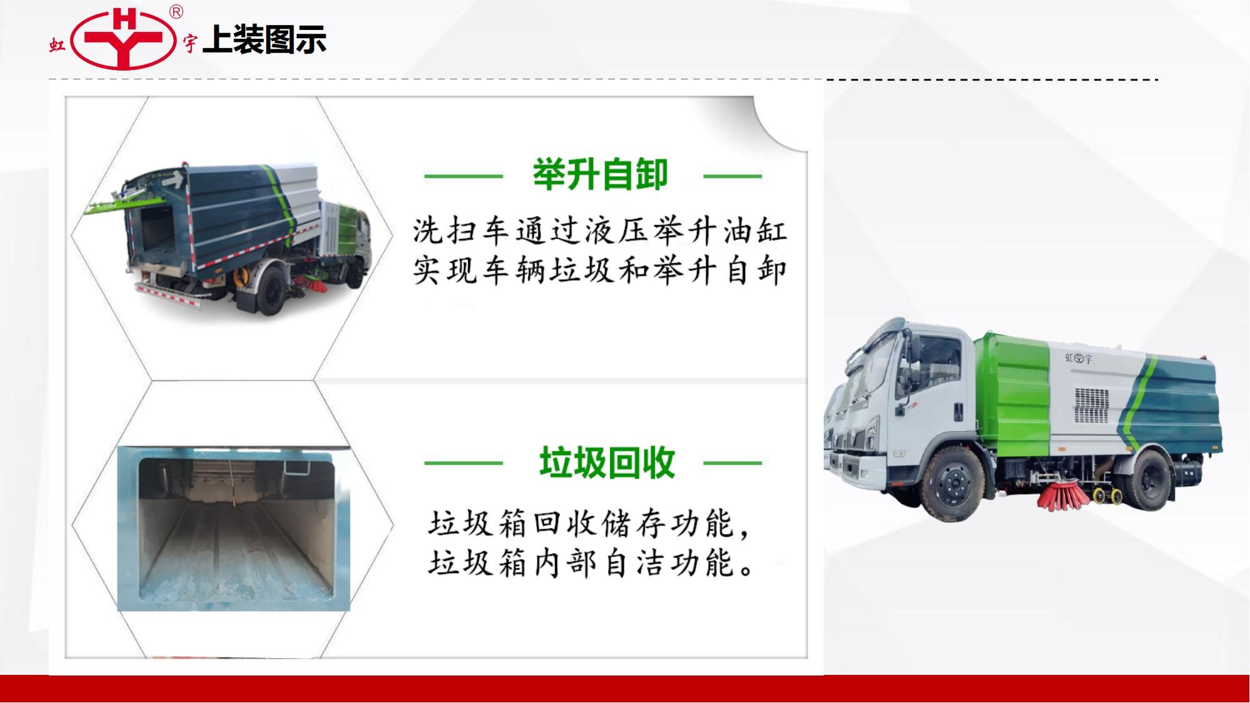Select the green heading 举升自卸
pyautogui.click(x=600, y=174)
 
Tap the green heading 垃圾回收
pyautogui.click(x=607, y=462)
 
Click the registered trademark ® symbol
pyautogui.click(x=177, y=12)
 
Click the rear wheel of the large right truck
pyautogui.click(x=1152, y=477)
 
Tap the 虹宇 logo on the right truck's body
pyautogui.click(x=1079, y=358)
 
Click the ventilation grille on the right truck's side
pyautogui.click(x=1091, y=405)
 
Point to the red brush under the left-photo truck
pyautogui.click(x=316, y=285)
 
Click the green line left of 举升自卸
pyautogui.click(x=463, y=176)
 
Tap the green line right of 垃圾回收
pyautogui.click(x=732, y=463)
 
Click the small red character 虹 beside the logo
pyautogui.click(x=57, y=45)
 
